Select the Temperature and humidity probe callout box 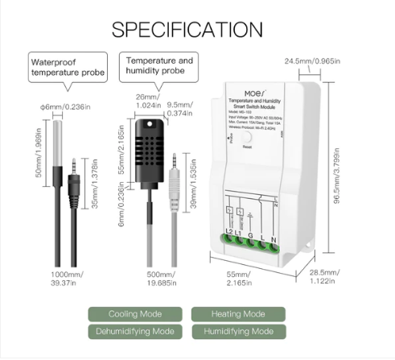point(158,65)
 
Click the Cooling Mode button point(135,314)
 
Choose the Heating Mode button point(237,314)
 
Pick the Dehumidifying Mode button point(135,331)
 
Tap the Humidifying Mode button point(237,331)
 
